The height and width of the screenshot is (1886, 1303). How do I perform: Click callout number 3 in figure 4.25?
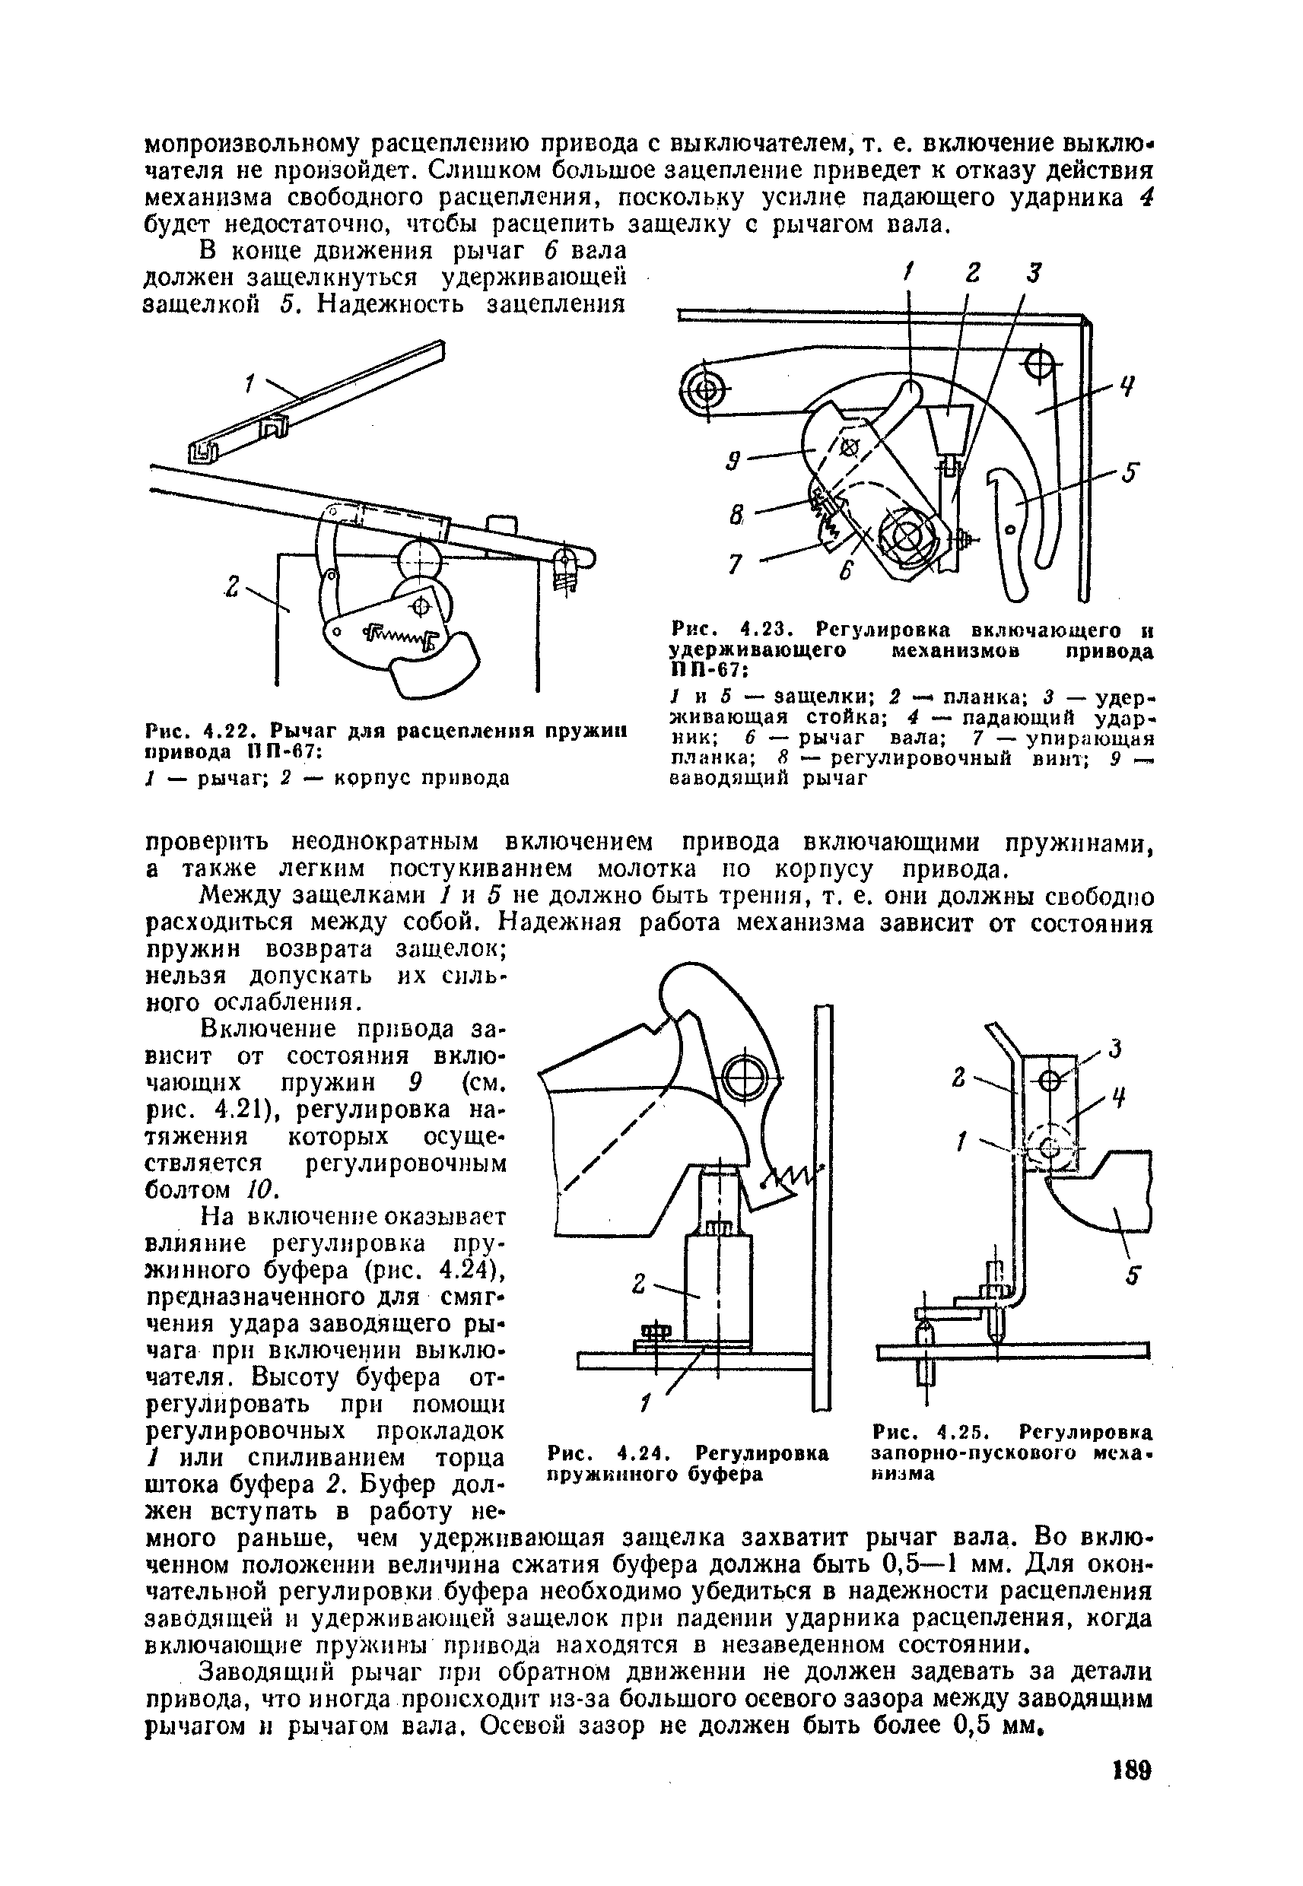point(1115,1048)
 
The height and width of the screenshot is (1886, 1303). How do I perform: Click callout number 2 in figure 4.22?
point(234,587)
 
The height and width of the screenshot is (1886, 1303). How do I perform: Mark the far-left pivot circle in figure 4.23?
point(706,392)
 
